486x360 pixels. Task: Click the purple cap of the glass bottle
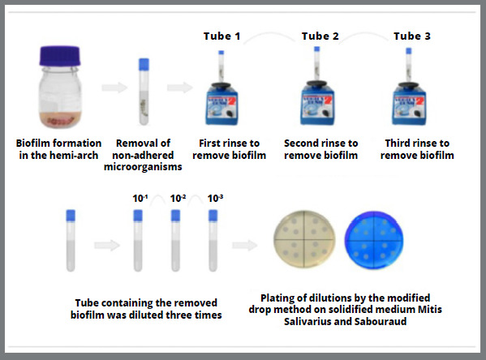click(x=60, y=56)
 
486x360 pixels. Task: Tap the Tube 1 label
click(x=222, y=36)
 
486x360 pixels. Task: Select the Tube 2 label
click(x=320, y=36)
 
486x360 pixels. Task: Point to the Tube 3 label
click(x=412, y=36)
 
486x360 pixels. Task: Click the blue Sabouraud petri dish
click(x=374, y=240)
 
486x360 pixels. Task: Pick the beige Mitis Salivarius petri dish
click(x=304, y=239)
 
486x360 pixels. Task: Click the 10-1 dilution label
click(x=140, y=199)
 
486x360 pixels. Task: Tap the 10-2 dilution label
click(x=178, y=199)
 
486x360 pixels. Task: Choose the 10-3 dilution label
click(x=215, y=199)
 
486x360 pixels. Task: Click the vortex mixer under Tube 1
click(x=221, y=104)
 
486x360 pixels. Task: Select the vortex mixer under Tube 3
click(x=409, y=104)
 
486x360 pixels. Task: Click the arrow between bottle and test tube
click(x=114, y=88)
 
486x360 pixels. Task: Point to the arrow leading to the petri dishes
click(x=244, y=246)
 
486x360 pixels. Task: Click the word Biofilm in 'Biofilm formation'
click(x=33, y=144)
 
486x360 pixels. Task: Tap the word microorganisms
click(x=143, y=167)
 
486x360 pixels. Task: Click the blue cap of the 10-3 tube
click(x=213, y=216)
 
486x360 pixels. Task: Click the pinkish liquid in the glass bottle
click(x=60, y=120)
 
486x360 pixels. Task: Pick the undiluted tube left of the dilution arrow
click(x=71, y=241)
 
